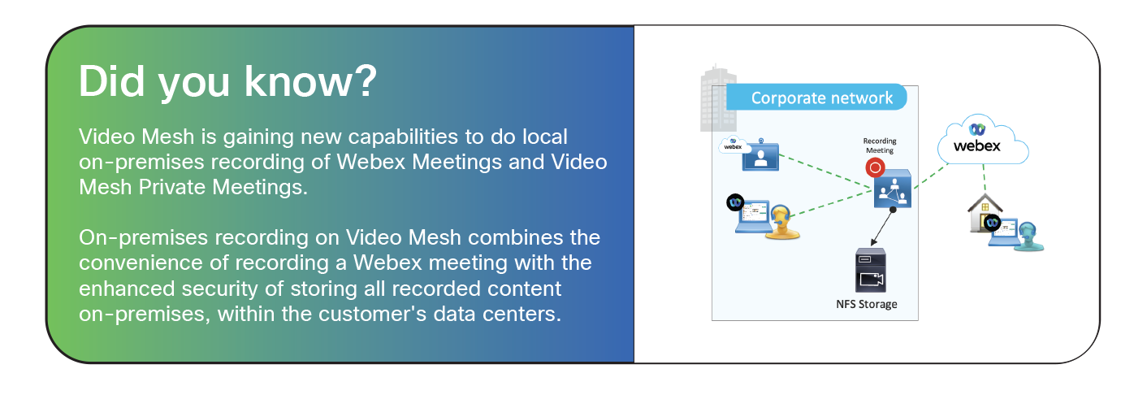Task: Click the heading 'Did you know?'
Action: pos(227,84)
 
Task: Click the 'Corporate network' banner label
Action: pos(821,98)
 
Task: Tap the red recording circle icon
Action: pos(875,168)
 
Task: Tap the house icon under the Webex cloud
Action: pos(983,214)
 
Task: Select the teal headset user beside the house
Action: pos(1028,236)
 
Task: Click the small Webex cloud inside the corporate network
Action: pos(734,145)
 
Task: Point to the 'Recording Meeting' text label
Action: pos(878,145)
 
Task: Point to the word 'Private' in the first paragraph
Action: pos(180,187)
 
